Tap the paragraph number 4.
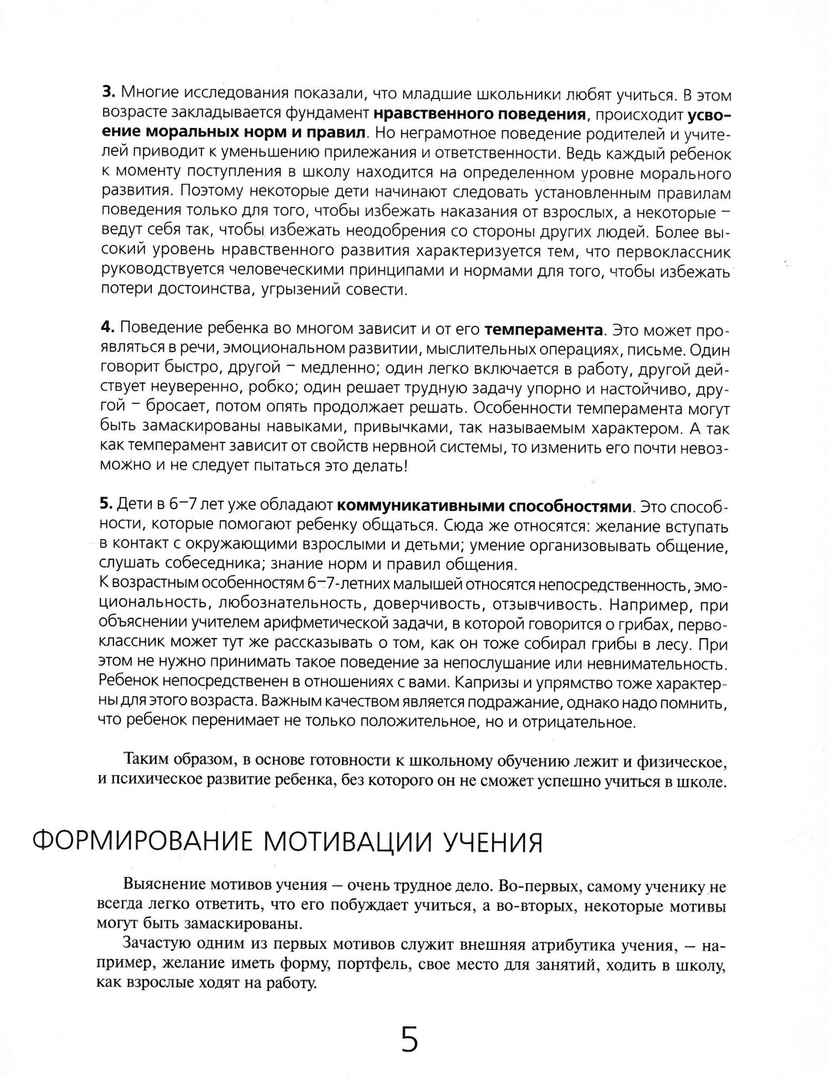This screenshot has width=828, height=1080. point(107,330)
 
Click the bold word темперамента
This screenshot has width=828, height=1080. point(544,330)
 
